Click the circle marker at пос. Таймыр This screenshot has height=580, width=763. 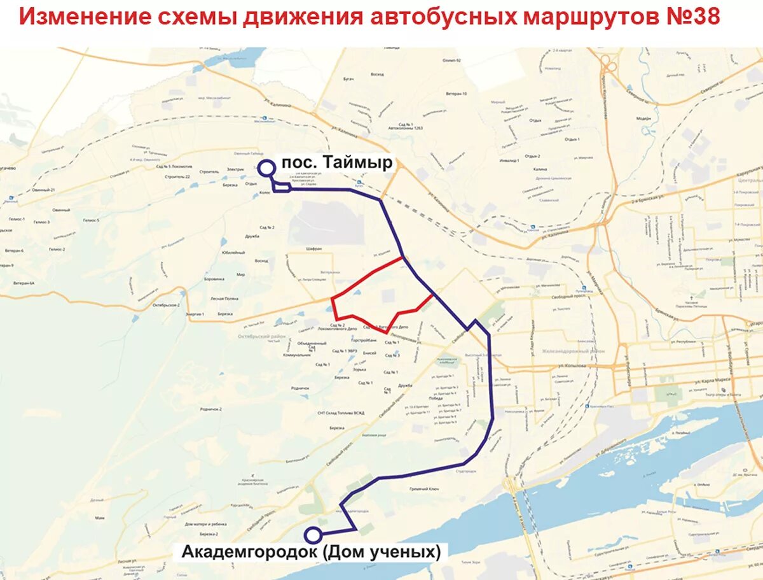[266, 168]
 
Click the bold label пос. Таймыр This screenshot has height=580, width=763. [338, 163]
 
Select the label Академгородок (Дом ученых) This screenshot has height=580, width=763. [311, 552]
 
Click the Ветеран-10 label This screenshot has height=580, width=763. [455, 94]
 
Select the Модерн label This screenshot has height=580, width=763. [644, 118]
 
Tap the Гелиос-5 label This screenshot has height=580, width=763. [91, 220]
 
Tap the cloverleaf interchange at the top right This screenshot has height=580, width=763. [609, 64]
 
